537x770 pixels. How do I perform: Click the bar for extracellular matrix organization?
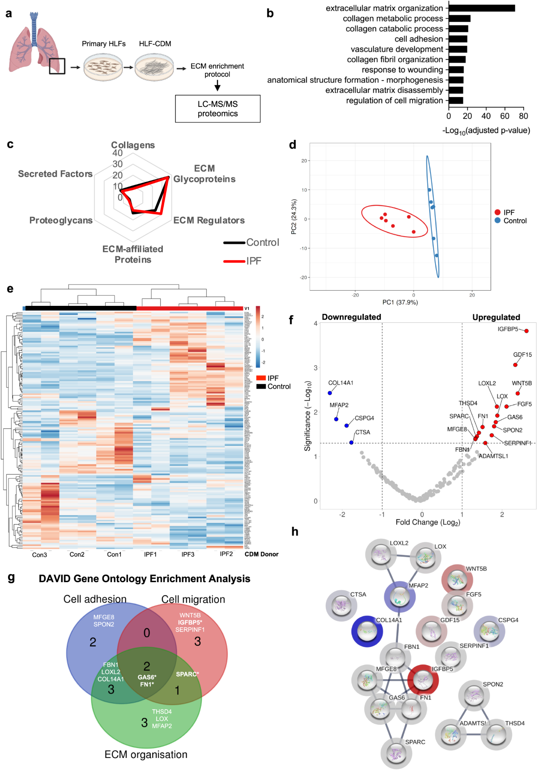click(482, 8)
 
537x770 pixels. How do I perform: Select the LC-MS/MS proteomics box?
click(217, 109)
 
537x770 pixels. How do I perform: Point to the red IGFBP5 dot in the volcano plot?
click(526, 331)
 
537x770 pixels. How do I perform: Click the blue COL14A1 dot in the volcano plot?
click(330, 393)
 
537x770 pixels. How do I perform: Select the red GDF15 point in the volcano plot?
click(515, 365)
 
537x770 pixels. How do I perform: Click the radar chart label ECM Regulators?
click(209, 220)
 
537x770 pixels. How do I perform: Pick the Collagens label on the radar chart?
click(133, 145)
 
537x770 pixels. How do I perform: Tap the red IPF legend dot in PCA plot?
click(497, 212)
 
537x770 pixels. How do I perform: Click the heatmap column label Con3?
click(39, 555)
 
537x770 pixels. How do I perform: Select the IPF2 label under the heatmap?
click(226, 554)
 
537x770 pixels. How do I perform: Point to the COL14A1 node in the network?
click(367, 631)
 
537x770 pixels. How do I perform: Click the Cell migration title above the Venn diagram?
click(193, 599)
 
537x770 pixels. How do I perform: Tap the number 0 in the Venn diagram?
click(146, 633)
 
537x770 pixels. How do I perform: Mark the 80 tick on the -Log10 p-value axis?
click(524, 116)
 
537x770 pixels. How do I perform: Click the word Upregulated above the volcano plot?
click(496, 317)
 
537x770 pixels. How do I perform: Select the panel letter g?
click(11, 577)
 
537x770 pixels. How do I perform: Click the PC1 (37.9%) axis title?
click(400, 302)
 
